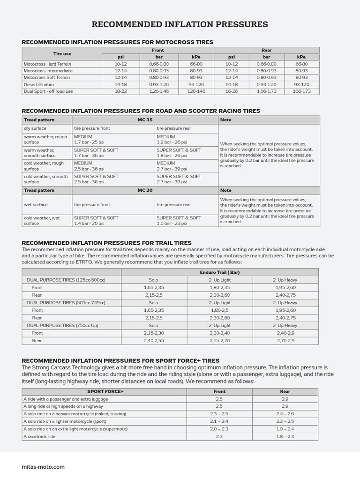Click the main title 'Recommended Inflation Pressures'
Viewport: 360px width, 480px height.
pos(180,24)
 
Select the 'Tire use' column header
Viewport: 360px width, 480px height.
pos(62,53)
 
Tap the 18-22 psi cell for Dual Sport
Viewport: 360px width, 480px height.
pos(121,91)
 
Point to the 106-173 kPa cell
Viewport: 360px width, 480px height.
pos(301,91)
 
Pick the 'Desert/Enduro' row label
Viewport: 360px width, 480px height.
pos(39,84)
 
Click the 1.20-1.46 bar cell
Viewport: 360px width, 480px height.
pos(159,91)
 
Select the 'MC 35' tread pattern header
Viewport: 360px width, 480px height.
pos(145,120)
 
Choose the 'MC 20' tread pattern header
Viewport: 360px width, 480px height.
pos(145,190)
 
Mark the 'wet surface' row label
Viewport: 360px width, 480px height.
pos(36,205)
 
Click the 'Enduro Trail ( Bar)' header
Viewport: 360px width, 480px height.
pos(219,272)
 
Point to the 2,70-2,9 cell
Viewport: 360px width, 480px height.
pos(285,341)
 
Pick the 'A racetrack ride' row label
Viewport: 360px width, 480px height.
pos(39,436)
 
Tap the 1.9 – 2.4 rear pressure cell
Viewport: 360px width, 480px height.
pos(285,429)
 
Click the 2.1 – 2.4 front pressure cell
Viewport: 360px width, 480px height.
pos(219,421)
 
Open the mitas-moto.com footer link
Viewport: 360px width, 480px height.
pos(43,467)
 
